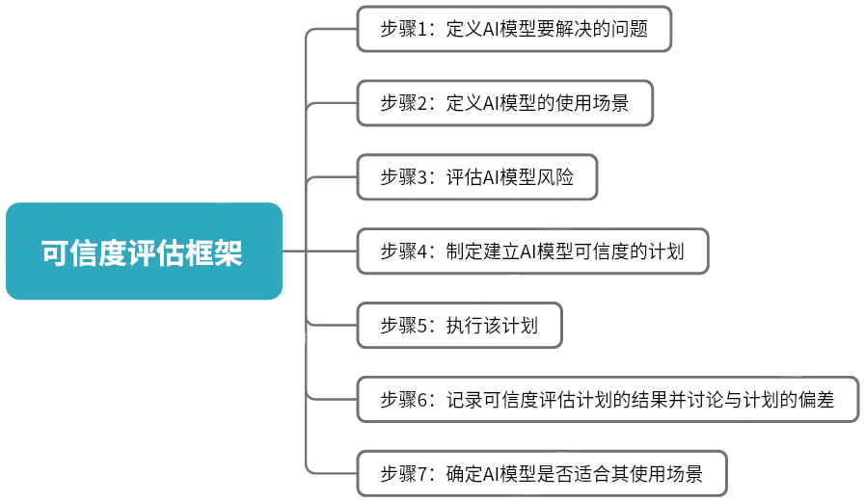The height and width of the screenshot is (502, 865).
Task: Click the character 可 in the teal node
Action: pos(54,253)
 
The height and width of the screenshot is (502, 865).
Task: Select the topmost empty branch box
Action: pos(514,29)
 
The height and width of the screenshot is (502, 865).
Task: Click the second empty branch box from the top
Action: pos(504,103)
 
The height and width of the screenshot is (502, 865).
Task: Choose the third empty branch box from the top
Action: pos(476,177)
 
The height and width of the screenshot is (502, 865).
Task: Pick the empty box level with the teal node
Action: pos(532,251)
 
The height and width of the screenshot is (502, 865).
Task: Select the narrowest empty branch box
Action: pos(459,326)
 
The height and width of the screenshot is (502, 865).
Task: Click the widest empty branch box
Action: pos(608,399)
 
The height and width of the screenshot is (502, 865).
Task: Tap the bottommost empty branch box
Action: pos(541,473)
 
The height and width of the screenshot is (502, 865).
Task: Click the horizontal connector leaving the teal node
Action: pos(294,251)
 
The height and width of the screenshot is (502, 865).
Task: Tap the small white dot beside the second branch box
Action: pos(323,85)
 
